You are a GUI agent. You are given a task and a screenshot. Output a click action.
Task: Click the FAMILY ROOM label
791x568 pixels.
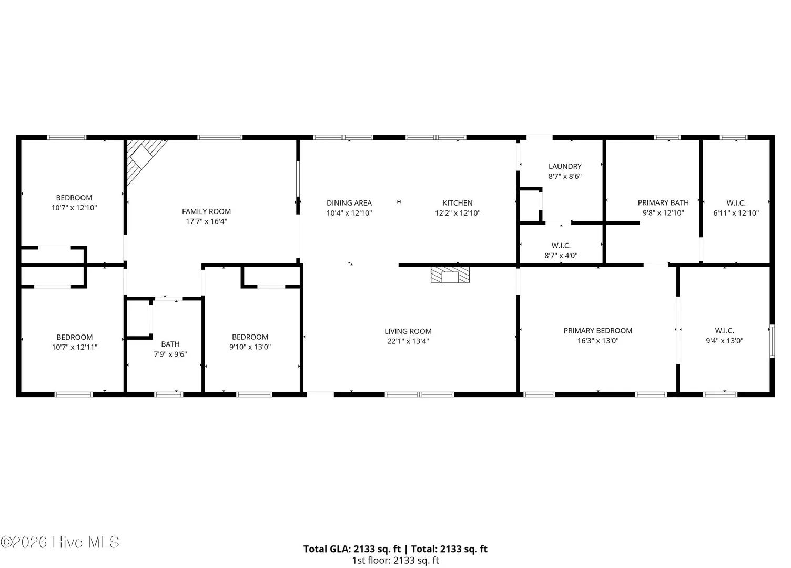coord(206,211)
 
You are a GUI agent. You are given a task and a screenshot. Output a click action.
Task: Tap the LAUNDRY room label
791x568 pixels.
coord(565,166)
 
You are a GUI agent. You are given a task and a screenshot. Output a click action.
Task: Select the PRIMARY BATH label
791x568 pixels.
coord(663,202)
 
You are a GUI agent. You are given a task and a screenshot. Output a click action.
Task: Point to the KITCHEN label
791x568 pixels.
coord(458,203)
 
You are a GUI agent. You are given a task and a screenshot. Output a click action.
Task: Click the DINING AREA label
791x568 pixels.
coord(349,203)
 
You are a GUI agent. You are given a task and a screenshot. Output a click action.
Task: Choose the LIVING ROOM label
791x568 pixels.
coord(408,331)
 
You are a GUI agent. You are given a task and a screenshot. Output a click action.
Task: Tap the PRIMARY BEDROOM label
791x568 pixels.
coord(597,331)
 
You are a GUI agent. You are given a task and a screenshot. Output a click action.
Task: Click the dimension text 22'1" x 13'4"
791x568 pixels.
coord(408,341)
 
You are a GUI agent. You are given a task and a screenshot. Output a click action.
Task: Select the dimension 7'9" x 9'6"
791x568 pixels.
coord(170,354)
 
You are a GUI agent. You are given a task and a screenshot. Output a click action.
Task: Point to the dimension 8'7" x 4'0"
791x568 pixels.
coord(561,255)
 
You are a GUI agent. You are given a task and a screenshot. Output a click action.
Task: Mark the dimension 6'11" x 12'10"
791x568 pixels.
coord(736,213)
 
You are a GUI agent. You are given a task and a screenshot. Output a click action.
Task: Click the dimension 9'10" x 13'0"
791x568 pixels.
coord(250,347)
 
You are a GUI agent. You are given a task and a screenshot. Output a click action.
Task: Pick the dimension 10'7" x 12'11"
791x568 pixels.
coord(75,347)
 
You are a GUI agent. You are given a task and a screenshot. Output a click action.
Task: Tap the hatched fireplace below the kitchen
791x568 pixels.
coord(450,275)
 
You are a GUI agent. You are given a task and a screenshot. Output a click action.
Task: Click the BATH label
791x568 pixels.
coord(170,344)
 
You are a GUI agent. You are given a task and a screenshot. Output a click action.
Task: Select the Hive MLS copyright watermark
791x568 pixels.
coord(60,542)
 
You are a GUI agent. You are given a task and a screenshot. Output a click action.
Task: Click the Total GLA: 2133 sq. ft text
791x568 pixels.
coord(352,549)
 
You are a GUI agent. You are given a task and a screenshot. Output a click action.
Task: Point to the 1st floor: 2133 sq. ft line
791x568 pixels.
coord(395,560)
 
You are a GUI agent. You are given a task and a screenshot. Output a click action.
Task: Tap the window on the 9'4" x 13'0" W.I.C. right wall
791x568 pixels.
coord(772,341)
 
